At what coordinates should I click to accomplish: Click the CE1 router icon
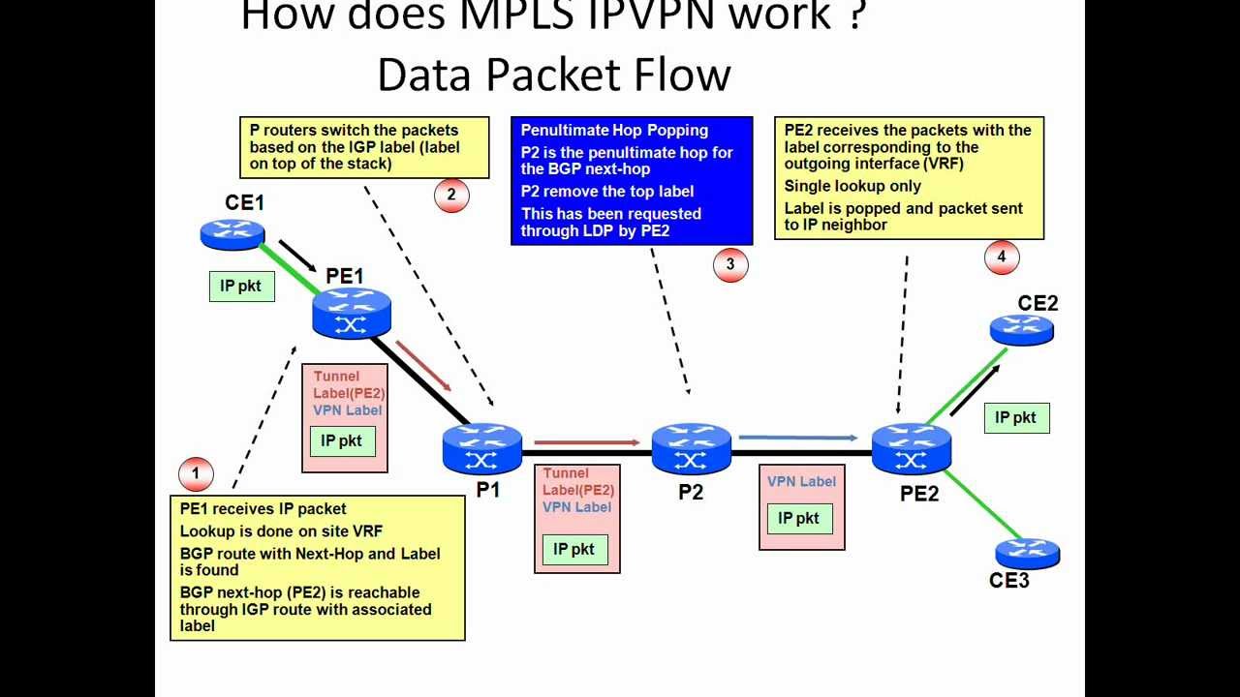click(x=232, y=232)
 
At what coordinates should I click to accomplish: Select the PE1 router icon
click(x=351, y=313)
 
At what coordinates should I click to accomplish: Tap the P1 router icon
click(x=481, y=449)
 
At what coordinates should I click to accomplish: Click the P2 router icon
click(x=691, y=448)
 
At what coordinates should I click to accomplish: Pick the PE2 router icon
click(x=911, y=449)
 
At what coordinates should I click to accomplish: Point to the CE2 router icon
click(x=1021, y=330)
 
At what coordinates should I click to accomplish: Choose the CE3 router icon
click(x=1027, y=554)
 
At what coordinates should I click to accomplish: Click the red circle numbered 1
click(x=196, y=473)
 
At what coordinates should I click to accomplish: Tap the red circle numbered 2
click(x=451, y=195)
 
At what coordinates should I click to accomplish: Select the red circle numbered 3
click(x=730, y=264)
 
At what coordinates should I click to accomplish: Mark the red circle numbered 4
click(x=1002, y=258)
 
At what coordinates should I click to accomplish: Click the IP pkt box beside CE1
click(x=241, y=287)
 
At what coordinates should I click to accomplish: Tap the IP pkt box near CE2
click(x=1016, y=418)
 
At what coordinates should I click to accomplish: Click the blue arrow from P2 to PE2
click(x=797, y=438)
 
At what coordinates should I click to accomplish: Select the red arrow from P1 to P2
click(x=587, y=442)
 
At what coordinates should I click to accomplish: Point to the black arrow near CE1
click(x=297, y=256)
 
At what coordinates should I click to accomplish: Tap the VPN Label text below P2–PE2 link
click(x=801, y=482)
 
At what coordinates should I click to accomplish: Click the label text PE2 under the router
click(x=918, y=494)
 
